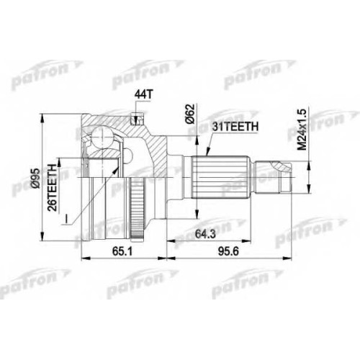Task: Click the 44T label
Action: coord(143,95)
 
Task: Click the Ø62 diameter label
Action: coord(190,114)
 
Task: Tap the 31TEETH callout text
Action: coord(235,127)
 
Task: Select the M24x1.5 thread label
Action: coord(302,130)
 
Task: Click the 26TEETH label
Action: coord(52,188)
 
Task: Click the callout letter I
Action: coord(65,219)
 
